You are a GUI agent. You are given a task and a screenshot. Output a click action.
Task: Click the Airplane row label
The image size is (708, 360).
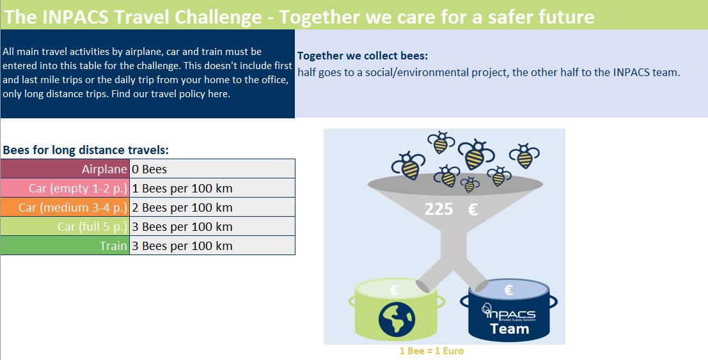pyautogui.click(x=104, y=169)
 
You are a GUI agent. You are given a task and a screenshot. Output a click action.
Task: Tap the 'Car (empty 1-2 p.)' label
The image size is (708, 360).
pyautogui.click(x=78, y=189)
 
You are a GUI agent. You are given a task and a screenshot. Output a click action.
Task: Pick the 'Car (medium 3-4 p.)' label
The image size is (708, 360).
pyautogui.click(x=73, y=208)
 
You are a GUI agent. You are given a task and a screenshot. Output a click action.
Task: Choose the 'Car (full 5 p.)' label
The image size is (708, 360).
pyautogui.click(x=92, y=227)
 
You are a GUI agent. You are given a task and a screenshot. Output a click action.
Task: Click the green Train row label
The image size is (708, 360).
pyautogui.click(x=113, y=246)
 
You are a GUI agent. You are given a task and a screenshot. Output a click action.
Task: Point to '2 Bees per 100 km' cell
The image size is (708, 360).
pyautogui.click(x=182, y=208)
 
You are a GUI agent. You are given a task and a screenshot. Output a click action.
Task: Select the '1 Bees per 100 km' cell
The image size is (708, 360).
pyautogui.click(x=182, y=189)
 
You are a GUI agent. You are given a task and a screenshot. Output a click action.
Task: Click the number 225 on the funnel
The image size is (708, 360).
pyautogui.click(x=439, y=209)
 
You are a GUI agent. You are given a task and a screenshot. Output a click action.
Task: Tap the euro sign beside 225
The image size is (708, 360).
pyautogui.click(x=473, y=209)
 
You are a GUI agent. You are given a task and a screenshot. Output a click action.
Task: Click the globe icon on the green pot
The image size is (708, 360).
pyautogui.click(x=397, y=319)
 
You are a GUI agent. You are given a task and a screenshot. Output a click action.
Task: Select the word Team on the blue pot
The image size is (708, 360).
pyautogui.click(x=510, y=329)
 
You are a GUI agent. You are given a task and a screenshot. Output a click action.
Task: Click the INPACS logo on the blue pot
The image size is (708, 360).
pyautogui.click(x=508, y=312)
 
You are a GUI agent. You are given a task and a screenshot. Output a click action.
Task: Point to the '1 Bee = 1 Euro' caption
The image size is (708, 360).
pyautogui.click(x=432, y=351)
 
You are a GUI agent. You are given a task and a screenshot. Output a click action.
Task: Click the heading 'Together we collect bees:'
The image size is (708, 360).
pyautogui.click(x=363, y=56)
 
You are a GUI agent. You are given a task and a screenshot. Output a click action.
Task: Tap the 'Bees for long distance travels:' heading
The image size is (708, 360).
pyautogui.click(x=86, y=150)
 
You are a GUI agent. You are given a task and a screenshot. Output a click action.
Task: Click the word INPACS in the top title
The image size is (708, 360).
pyautogui.click(x=76, y=17)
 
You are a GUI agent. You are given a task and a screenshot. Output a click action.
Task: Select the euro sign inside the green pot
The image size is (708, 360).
pyautogui.click(x=394, y=290)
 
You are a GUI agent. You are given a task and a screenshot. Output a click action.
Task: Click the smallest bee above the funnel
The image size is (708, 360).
pyautogui.click(x=470, y=184)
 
